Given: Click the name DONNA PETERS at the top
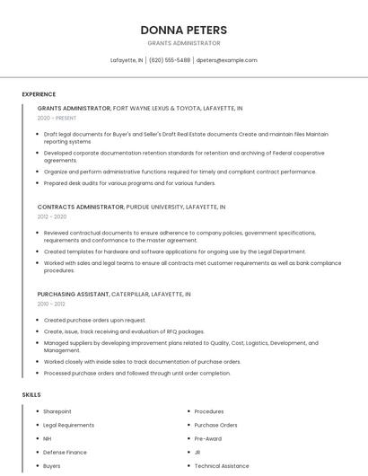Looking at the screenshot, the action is pos(183,30).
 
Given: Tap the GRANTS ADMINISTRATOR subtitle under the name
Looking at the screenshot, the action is pos(183,43).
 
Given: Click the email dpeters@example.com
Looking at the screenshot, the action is pos(226,60).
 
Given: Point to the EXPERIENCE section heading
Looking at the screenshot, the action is pos(39,94).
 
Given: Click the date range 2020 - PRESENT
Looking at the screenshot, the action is pos(57,118).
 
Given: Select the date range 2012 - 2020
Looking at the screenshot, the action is pos(52,216).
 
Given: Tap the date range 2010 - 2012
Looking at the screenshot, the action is pos(51,304).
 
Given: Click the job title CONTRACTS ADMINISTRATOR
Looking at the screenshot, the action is pos(81,207).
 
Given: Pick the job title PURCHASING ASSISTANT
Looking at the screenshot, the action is pos(73,294).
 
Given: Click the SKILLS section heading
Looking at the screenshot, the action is pos(31,394).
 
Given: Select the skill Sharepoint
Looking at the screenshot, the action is pos(57,411).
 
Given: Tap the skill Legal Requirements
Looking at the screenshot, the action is pos(68,425).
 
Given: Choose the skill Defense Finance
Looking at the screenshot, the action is pos(65,453).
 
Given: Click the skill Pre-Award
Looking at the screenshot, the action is pos(208,438).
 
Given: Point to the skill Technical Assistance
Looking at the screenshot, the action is pos(222,466).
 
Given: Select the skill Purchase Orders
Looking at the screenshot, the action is pos(215,425).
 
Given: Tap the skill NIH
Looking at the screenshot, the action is pos(48,438).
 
